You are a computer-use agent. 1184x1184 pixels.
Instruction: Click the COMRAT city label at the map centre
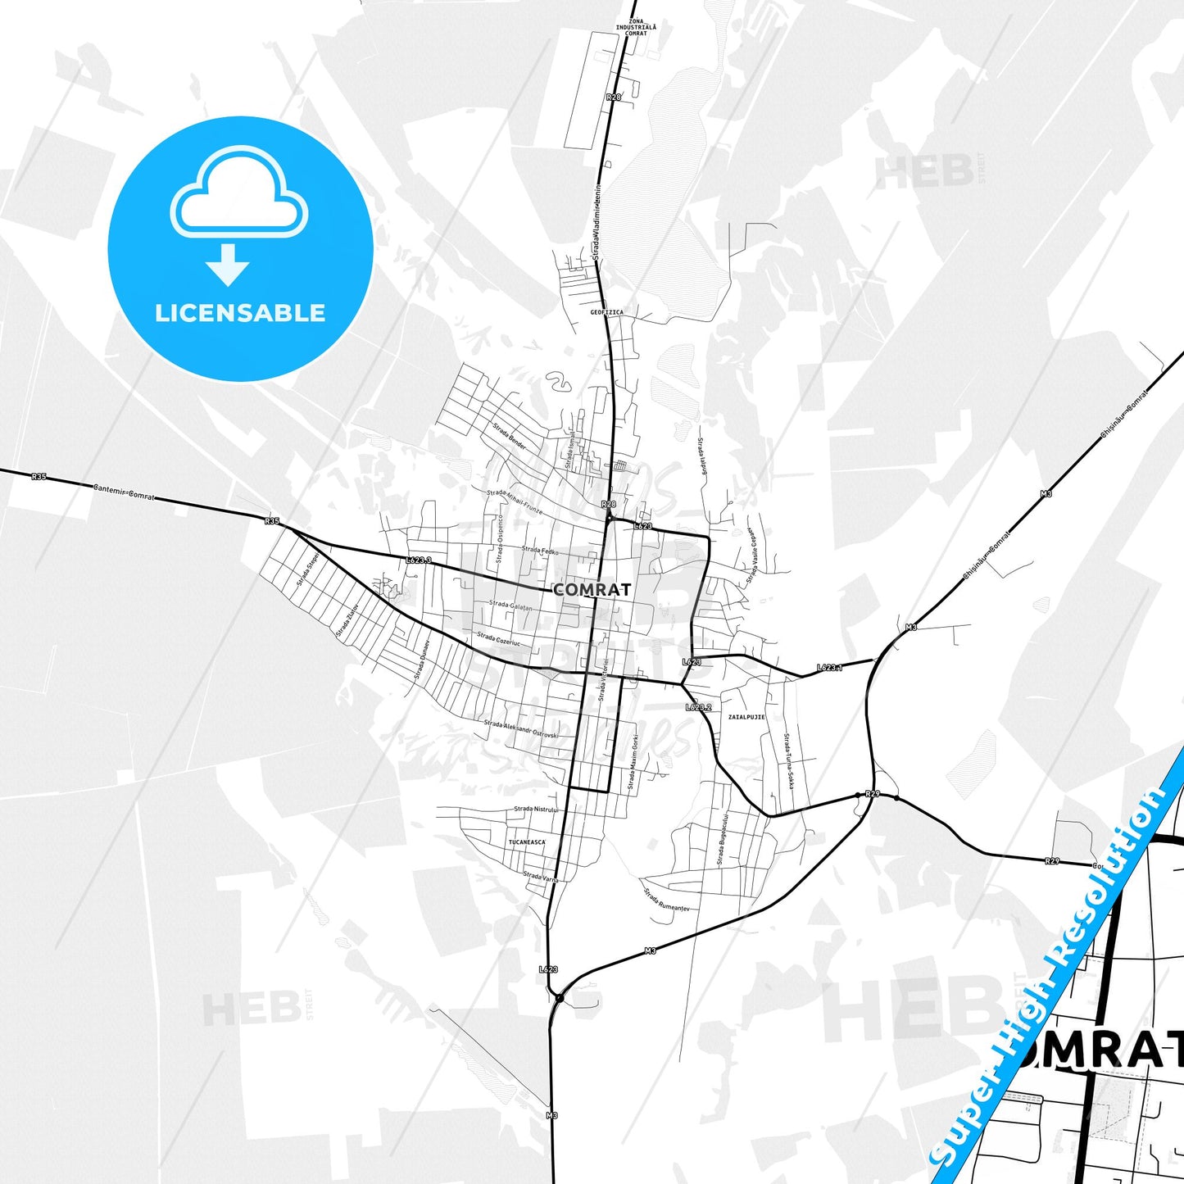tap(592, 589)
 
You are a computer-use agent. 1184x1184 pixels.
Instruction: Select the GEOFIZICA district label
tap(606, 312)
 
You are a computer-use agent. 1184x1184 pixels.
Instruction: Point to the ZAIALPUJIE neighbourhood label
tap(746, 716)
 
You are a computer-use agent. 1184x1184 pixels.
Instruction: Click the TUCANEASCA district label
tap(526, 842)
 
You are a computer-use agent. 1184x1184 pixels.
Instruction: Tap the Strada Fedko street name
tap(540, 551)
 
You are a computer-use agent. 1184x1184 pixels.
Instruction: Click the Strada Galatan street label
tap(510, 606)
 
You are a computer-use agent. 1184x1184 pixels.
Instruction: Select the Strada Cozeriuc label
tap(498, 638)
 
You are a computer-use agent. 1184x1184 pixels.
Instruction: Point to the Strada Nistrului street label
tap(535, 809)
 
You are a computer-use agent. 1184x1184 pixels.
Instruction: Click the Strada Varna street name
tap(541, 876)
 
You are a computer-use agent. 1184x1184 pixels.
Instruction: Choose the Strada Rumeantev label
tap(664, 899)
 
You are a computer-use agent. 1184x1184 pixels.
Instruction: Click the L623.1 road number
tap(829, 668)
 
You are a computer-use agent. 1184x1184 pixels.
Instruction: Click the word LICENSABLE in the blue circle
tap(240, 312)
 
